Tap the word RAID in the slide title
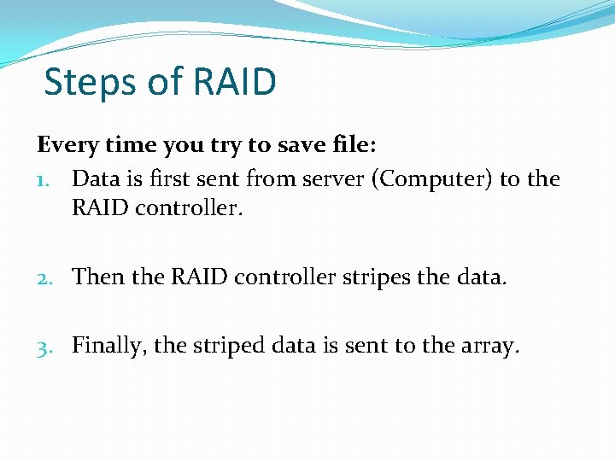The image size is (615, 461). (x=235, y=83)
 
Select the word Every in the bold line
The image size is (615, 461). (x=68, y=145)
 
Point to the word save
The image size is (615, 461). (x=306, y=145)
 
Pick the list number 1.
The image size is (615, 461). (x=46, y=180)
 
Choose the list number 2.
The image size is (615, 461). (x=47, y=277)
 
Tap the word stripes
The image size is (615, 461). (x=384, y=277)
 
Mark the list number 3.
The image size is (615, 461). (x=47, y=346)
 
